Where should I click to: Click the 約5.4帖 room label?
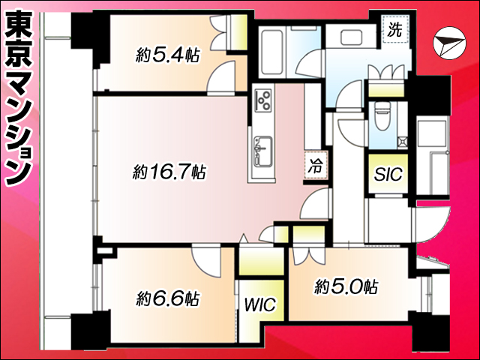point(167,55)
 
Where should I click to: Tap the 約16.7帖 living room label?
point(169,172)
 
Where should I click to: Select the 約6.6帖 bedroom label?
point(167,298)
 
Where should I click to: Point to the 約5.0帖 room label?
point(346,286)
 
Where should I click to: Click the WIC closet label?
point(260,304)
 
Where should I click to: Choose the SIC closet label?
point(388,174)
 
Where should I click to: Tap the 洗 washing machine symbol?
point(395,30)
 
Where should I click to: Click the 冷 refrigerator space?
point(316,166)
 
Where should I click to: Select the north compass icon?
point(449,43)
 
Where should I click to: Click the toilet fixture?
point(382,115)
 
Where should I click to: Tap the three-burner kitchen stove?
point(263,100)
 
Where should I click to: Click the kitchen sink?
point(262,151)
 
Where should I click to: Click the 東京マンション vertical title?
point(18,100)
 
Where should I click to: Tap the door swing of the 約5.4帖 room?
point(220,76)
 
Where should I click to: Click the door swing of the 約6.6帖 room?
point(205,261)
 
